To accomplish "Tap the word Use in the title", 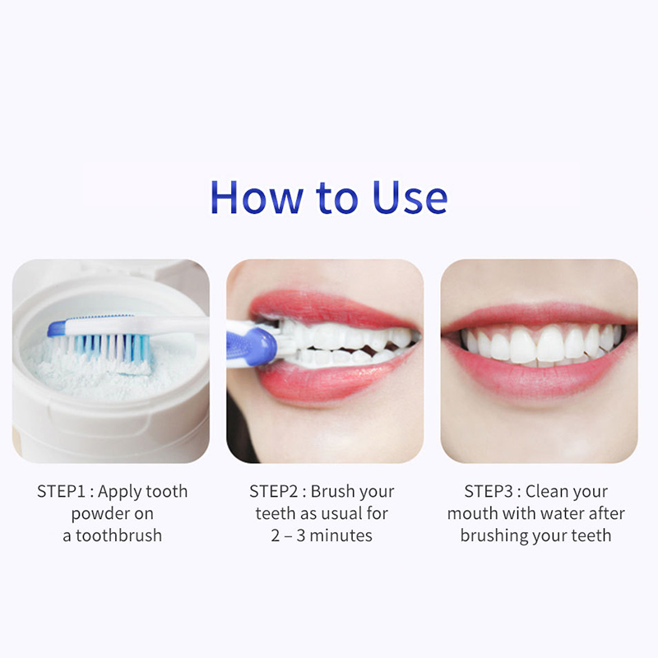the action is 410,197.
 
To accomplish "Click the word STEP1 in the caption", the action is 61,491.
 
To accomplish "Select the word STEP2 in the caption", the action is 274,491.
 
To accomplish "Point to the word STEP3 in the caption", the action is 489,491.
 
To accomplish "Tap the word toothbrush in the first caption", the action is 118,535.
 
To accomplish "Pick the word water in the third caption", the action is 563,513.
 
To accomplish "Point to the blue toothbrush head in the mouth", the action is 253,345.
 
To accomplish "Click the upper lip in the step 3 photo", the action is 540,316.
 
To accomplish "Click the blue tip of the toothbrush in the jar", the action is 56,328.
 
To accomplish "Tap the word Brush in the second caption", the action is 331,491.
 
